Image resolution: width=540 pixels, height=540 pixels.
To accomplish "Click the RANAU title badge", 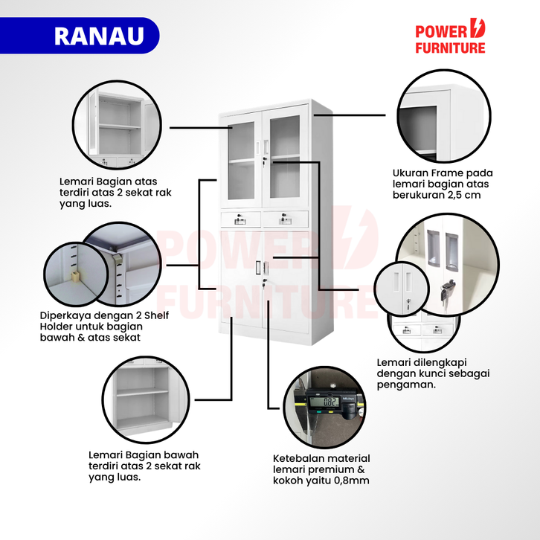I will (x=99, y=36).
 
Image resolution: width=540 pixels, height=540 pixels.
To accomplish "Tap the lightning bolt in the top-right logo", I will (x=477, y=30).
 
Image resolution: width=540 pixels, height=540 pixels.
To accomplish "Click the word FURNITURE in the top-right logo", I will (x=449, y=48).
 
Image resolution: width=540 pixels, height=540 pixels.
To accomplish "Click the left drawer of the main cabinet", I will (x=240, y=218).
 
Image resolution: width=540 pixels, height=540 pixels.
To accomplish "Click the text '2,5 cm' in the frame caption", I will (x=465, y=196).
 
